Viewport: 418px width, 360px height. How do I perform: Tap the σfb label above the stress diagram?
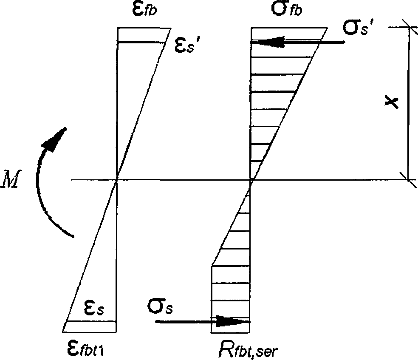tap(287, 10)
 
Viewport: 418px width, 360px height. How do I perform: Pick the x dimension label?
tap(391, 102)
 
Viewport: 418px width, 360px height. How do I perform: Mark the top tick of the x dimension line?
tap(408, 27)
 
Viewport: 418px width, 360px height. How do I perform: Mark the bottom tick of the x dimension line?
tap(409, 180)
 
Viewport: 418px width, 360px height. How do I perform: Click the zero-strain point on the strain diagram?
tap(117, 180)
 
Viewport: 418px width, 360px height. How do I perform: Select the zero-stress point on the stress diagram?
tap(251, 180)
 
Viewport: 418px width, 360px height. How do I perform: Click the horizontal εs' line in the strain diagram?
tap(141, 42)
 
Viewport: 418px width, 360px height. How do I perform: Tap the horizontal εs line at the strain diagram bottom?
tap(91, 322)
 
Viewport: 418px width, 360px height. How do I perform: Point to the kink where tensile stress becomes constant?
tap(212, 266)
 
